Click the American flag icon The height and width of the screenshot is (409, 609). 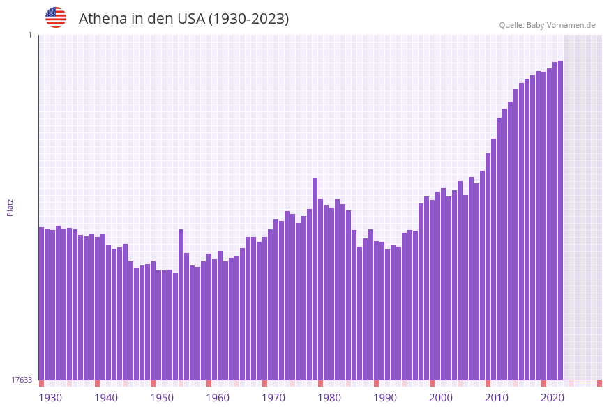(56, 17)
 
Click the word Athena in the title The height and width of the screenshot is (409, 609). (100, 19)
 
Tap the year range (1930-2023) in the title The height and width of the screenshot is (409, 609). (248, 19)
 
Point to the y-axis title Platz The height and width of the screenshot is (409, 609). (10, 207)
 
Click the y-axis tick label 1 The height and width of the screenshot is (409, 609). (30, 35)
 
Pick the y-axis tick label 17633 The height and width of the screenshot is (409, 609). (22, 380)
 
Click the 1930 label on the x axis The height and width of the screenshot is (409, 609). (50, 398)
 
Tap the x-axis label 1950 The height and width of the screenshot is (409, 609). (162, 398)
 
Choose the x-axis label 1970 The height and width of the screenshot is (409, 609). (273, 398)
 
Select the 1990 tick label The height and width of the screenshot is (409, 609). (385, 398)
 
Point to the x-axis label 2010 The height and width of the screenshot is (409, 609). (497, 398)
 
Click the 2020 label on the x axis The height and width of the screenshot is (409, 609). (552, 398)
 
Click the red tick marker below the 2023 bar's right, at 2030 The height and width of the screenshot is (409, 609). (599, 383)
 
